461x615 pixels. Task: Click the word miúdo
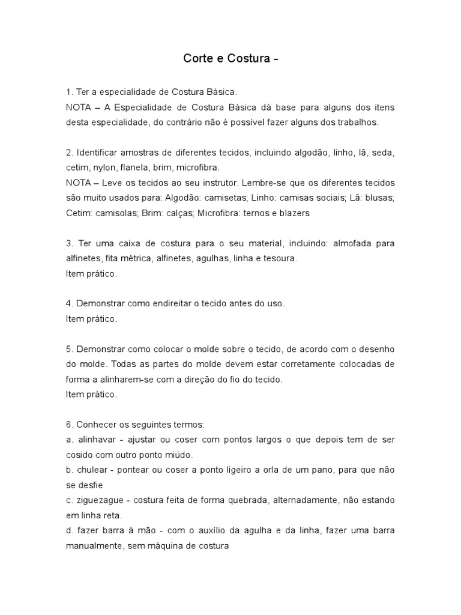(x=176, y=455)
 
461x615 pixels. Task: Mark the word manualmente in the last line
(x=95, y=546)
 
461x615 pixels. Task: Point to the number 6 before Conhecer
(x=69, y=425)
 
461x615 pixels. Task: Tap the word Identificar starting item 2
(x=98, y=153)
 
